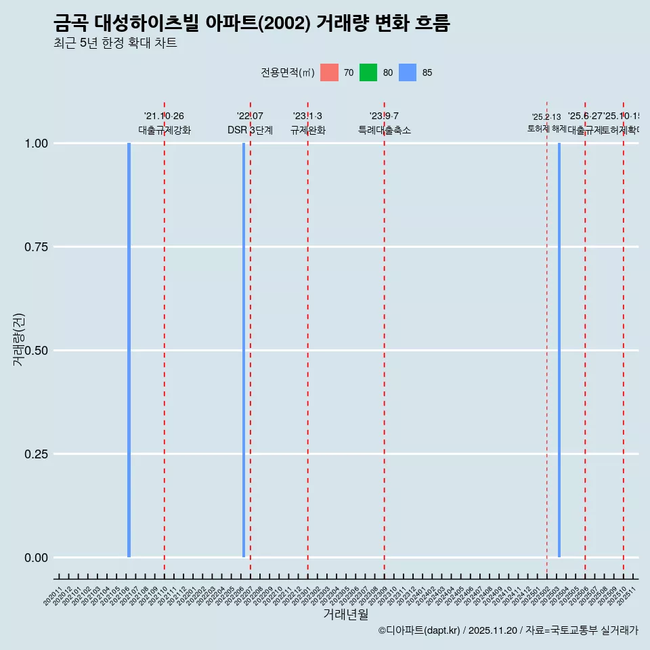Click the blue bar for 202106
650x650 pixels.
(x=129, y=350)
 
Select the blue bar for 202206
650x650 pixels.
(x=244, y=350)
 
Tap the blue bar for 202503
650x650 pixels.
(x=559, y=350)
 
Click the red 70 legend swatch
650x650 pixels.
(x=329, y=72)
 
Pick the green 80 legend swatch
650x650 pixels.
(x=368, y=72)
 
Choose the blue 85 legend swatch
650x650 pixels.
(x=408, y=72)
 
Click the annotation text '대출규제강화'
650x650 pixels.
(x=165, y=130)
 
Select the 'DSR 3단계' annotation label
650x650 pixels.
(x=250, y=130)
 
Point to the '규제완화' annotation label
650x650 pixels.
(x=308, y=130)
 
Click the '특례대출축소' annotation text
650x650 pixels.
(x=385, y=130)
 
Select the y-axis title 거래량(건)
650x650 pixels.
(x=18, y=339)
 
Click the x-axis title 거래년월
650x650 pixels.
(x=345, y=614)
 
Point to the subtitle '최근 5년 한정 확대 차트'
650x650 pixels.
(x=115, y=43)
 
